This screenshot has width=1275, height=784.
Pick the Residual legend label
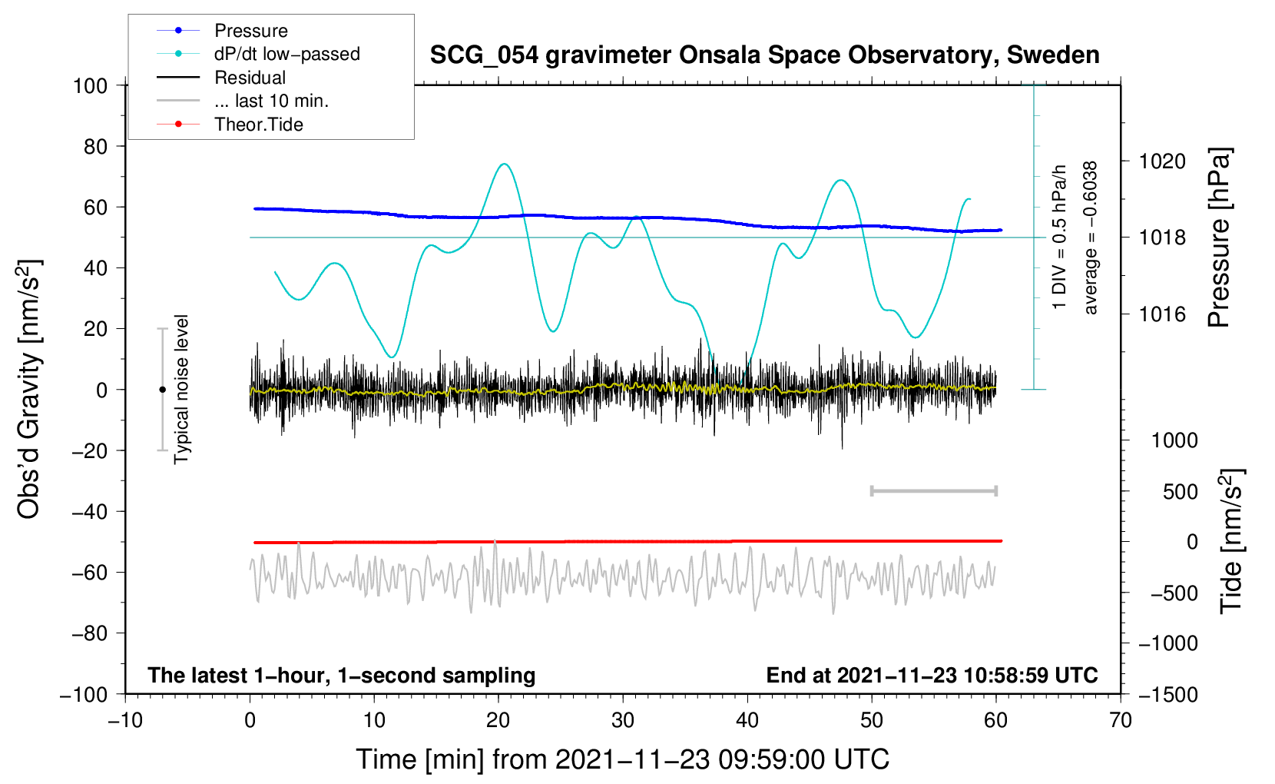pos(250,78)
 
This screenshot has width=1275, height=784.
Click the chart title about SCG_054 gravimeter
pos(764,55)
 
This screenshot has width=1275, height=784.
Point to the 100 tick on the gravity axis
pos(91,86)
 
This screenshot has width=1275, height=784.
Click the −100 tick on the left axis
pos(84,695)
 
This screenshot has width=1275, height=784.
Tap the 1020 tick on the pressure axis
pos(1162,161)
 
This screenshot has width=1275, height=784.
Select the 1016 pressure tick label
pos(1162,314)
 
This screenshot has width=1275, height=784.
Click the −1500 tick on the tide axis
pos(1168,695)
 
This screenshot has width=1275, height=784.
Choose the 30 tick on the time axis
pos(623,721)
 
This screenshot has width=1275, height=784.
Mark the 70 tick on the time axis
pos(1120,721)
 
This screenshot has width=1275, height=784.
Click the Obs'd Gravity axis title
pos(28,389)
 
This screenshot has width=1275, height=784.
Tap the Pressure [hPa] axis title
pos(1219,238)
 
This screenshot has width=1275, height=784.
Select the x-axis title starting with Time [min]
pos(623,760)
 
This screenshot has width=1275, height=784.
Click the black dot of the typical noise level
pos(162,390)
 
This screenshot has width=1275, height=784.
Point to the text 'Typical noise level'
pos(181,389)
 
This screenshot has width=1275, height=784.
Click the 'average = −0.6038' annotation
pos(1090,238)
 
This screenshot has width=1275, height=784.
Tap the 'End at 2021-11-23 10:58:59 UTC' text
pos(932,675)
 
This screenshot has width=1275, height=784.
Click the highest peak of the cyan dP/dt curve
pos(505,164)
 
